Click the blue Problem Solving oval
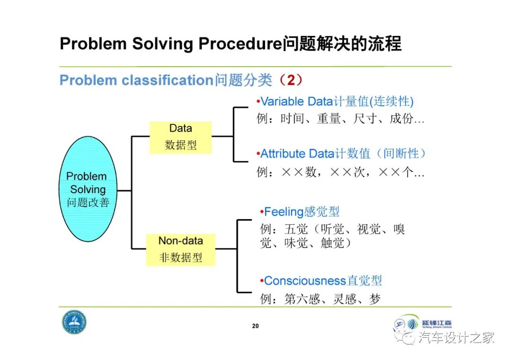click(x=88, y=189)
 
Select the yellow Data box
click(x=181, y=137)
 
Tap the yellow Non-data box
click(x=181, y=249)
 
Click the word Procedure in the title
click(x=240, y=44)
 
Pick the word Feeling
click(x=283, y=212)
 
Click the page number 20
click(x=255, y=326)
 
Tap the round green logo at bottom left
click(x=74, y=323)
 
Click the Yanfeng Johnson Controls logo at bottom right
click(x=422, y=325)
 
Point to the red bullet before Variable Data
click(x=258, y=101)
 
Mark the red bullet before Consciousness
click(x=262, y=281)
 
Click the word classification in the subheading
click(x=166, y=80)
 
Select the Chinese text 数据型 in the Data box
click(x=181, y=145)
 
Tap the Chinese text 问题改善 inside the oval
click(x=88, y=203)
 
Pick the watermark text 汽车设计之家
click(x=456, y=337)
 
